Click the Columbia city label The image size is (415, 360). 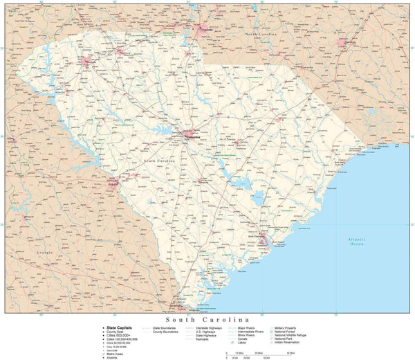(x=194, y=137)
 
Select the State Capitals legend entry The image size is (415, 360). (x=120, y=327)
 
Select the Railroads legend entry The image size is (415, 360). (x=202, y=339)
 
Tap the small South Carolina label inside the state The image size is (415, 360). (x=159, y=161)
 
